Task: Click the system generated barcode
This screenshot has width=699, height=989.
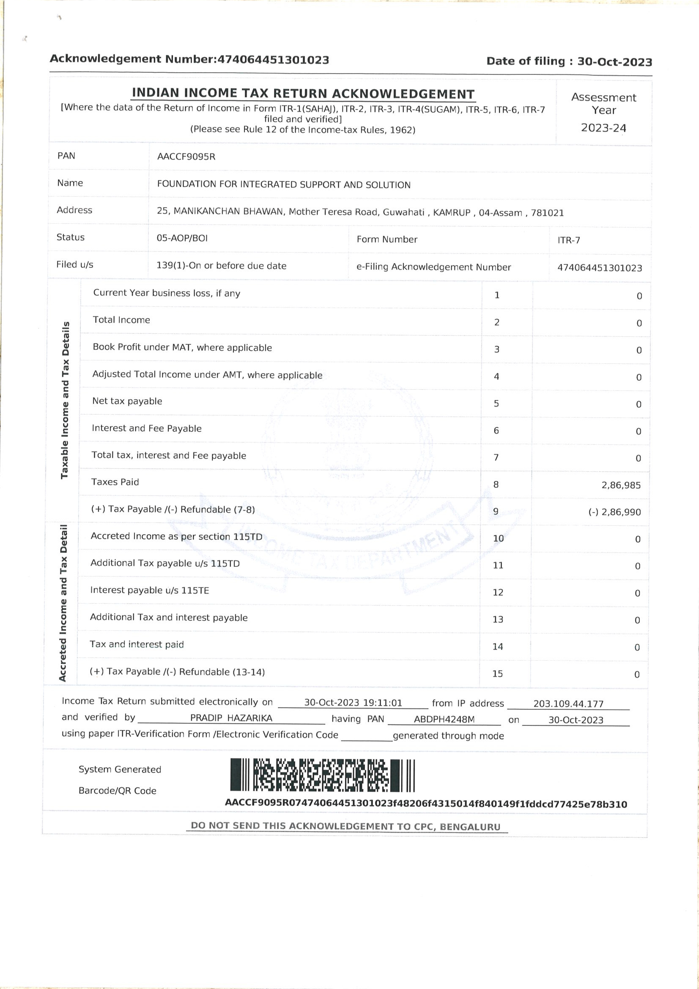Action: (x=322, y=775)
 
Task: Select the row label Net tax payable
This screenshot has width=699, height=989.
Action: (x=127, y=401)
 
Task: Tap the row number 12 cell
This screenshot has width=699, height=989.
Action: (x=498, y=592)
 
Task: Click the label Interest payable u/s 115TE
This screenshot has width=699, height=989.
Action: (x=149, y=590)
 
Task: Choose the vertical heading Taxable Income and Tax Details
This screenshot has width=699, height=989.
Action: (x=65, y=400)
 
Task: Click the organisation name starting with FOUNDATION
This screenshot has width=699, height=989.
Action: (x=283, y=184)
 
